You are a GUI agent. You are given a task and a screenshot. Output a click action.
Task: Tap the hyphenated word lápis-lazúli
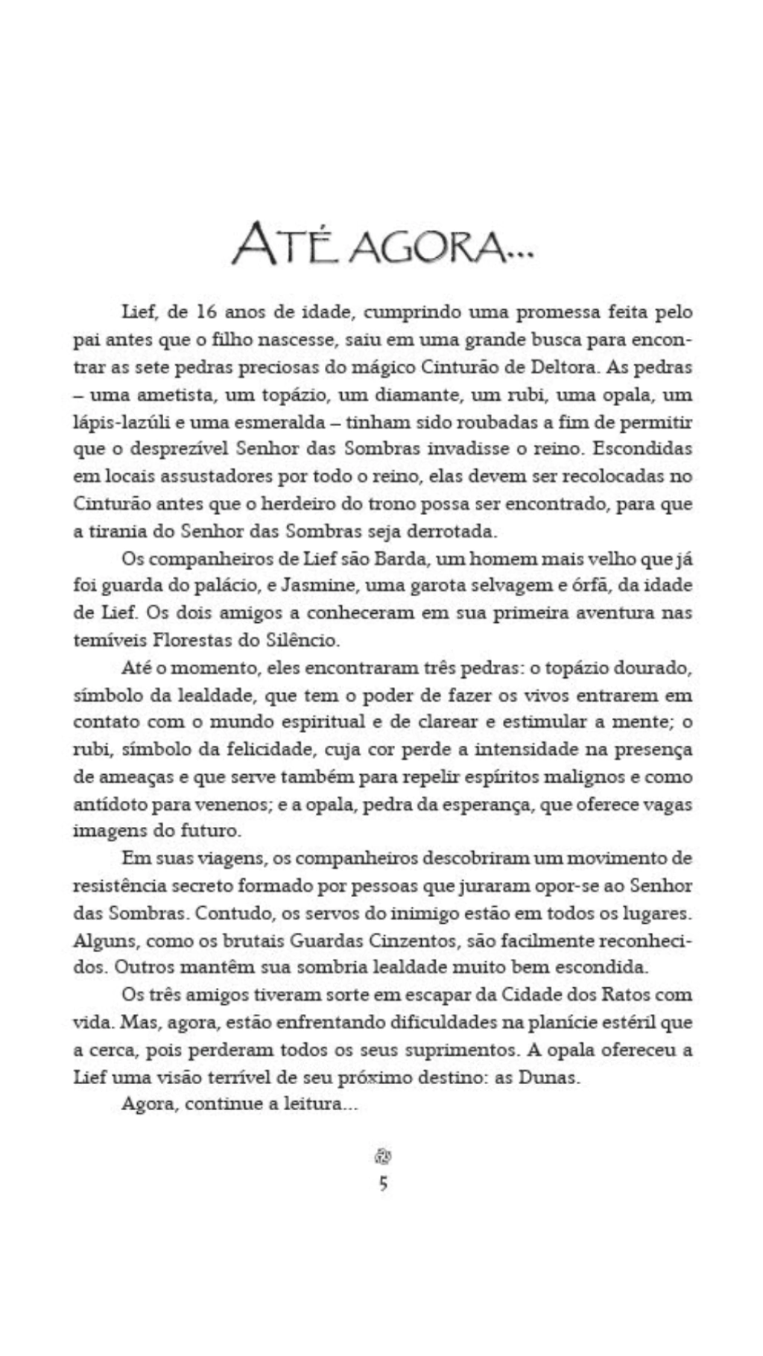point(123,422)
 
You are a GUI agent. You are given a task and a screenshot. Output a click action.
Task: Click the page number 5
point(383,1183)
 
